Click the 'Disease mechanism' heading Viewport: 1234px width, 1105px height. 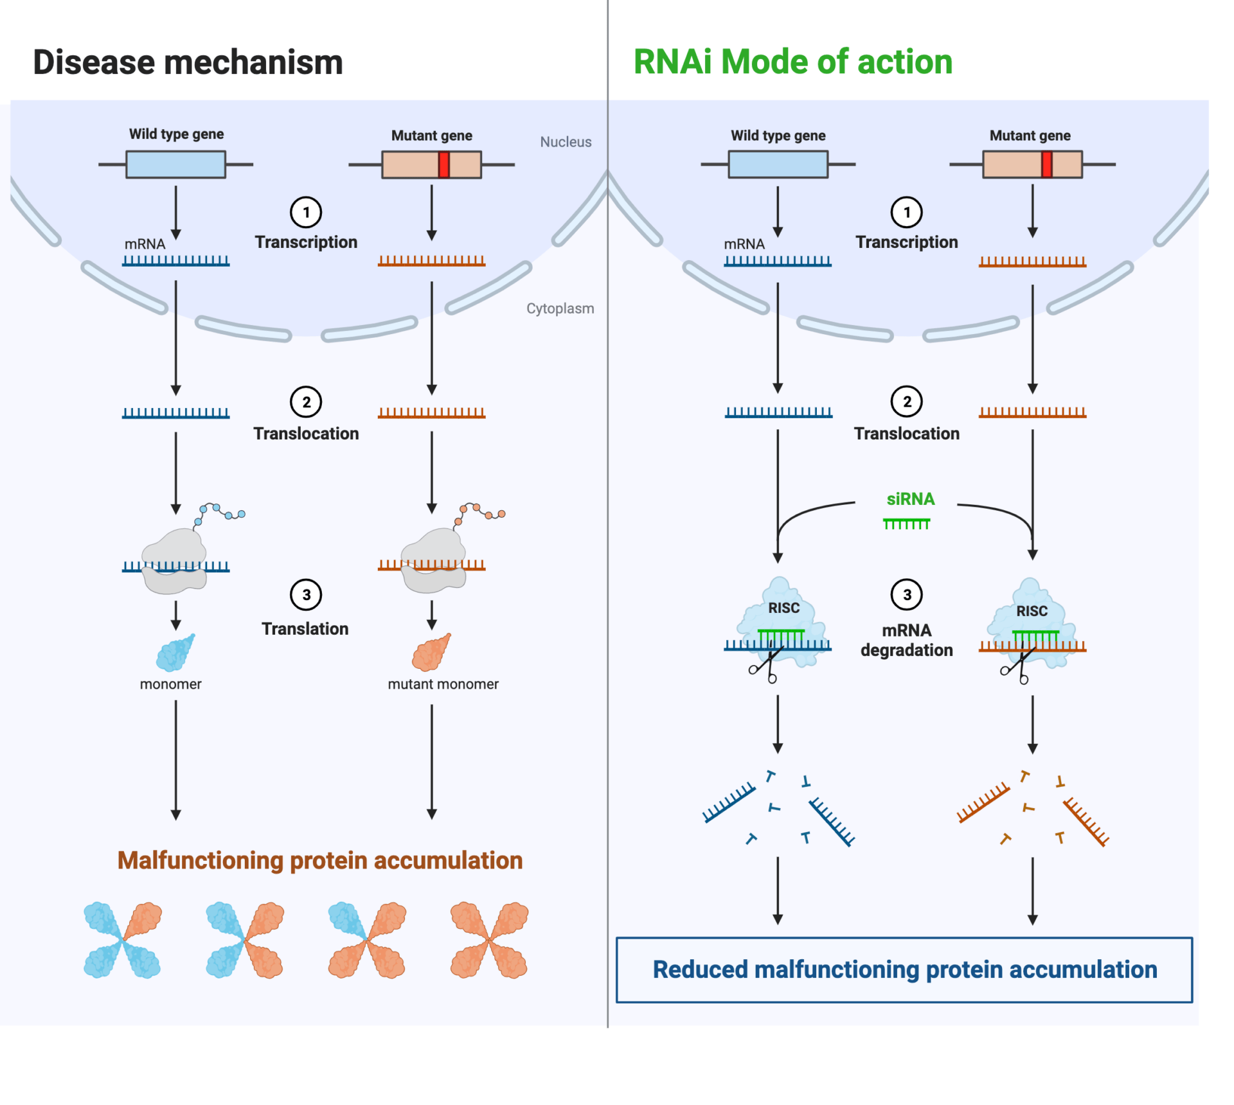pyautogui.click(x=188, y=62)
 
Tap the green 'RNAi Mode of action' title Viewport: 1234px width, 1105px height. pyautogui.click(x=792, y=62)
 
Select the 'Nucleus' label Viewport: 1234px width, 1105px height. pyautogui.click(x=565, y=142)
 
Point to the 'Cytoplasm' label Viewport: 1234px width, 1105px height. pyautogui.click(x=560, y=308)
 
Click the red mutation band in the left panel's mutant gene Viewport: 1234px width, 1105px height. pyautogui.click(x=443, y=164)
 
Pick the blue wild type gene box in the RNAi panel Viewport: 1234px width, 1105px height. pyautogui.click(x=778, y=164)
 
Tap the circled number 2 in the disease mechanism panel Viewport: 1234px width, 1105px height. pyautogui.click(x=306, y=402)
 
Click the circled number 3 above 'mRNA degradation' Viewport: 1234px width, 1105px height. pyautogui.click(x=906, y=595)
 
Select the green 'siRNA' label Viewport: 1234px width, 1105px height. pyautogui.click(x=910, y=499)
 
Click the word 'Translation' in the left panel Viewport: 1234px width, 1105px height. pyautogui.click(x=305, y=629)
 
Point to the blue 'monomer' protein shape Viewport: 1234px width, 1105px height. pyautogui.click(x=175, y=653)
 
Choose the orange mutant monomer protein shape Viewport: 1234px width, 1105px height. pyautogui.click(x=431, y=653)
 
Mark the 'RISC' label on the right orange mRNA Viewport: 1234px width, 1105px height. pyautogui.click(x=1032, y=611)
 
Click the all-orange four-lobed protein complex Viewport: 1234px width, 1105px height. pyautogui.click(x=489, y=940)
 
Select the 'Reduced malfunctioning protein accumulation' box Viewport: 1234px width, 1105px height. pyautogui.click(x=904, y=969)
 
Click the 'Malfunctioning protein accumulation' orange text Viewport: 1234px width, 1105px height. pyautogui.click(x=320, y=861)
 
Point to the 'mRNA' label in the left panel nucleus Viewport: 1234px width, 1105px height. pyautogui.click(x=145, y=244)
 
